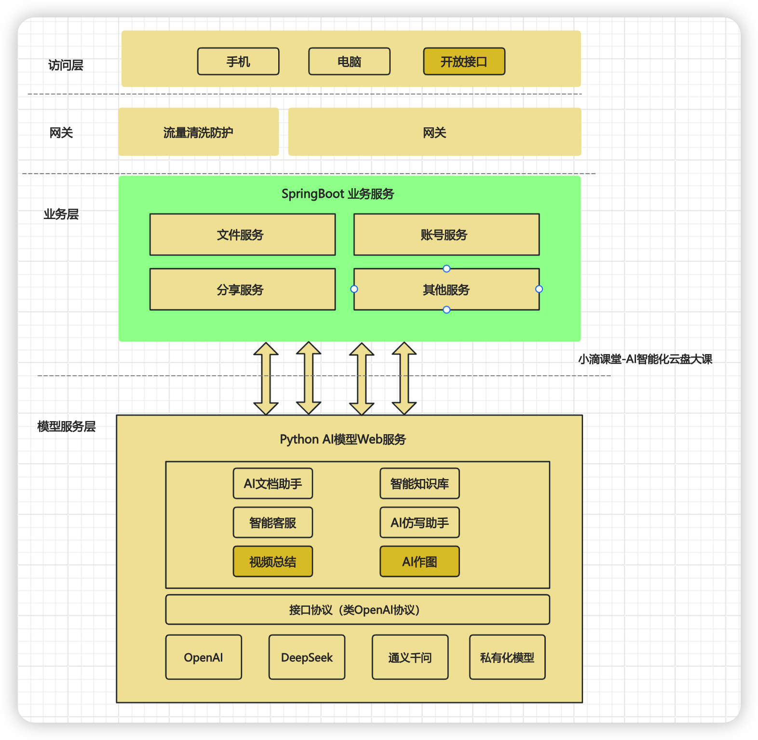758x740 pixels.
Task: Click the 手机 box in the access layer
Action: click(238, 62)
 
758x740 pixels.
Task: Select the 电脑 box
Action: click(349, 62)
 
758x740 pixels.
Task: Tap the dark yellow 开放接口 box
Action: click(464, 62)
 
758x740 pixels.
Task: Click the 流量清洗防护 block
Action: click(198, 132)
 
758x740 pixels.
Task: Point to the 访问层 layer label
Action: click(66, 65)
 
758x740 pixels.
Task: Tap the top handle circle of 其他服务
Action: click(447, 269)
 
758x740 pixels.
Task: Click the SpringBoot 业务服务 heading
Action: click(338, 194)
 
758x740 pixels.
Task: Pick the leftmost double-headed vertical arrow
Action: click(266, 379)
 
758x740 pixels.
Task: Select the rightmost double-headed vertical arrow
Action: click(404, 379)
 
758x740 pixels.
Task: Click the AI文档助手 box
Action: click(273, 483)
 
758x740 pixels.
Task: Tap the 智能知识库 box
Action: click(420, 483)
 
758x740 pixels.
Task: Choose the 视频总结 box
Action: click(273, 562)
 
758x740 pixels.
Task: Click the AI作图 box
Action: click(420, 562)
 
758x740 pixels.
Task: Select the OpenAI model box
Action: click(203, 658)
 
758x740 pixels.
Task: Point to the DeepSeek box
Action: click(307, 658)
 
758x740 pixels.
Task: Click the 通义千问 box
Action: click(410, 658)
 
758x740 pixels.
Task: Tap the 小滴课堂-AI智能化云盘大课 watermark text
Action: click(645, 359)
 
